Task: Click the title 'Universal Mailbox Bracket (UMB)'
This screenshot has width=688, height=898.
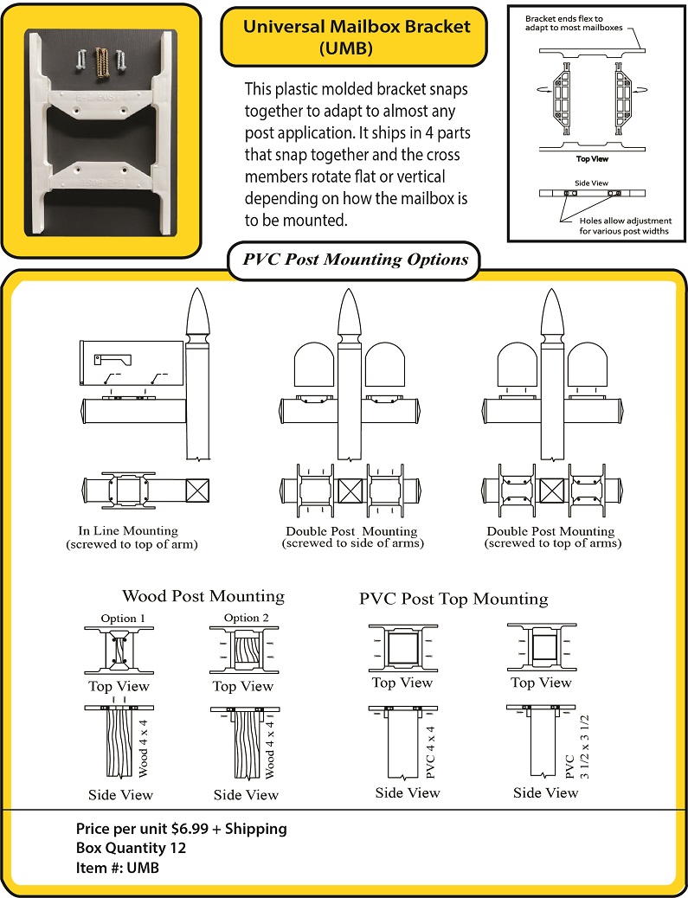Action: (x=357, y=37)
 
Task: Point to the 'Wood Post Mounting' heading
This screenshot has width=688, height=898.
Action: (x=203, y=596)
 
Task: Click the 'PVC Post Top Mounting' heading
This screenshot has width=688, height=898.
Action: (x=453, y=599)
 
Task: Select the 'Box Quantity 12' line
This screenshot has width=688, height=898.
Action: (x=131, y=848)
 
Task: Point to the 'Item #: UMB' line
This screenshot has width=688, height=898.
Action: (x=118, y=868)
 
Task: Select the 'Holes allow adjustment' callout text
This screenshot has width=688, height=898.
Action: (x=623, y=226)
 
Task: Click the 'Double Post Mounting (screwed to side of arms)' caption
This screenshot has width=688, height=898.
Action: (x=351, y=537)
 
